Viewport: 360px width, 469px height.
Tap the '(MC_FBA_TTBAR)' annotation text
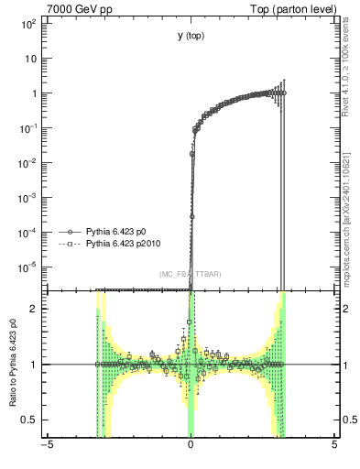click(x=190, y=275)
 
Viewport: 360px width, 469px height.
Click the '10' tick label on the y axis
click(x=29, y=58)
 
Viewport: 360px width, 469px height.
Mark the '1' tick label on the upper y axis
click(x=33, y=93)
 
